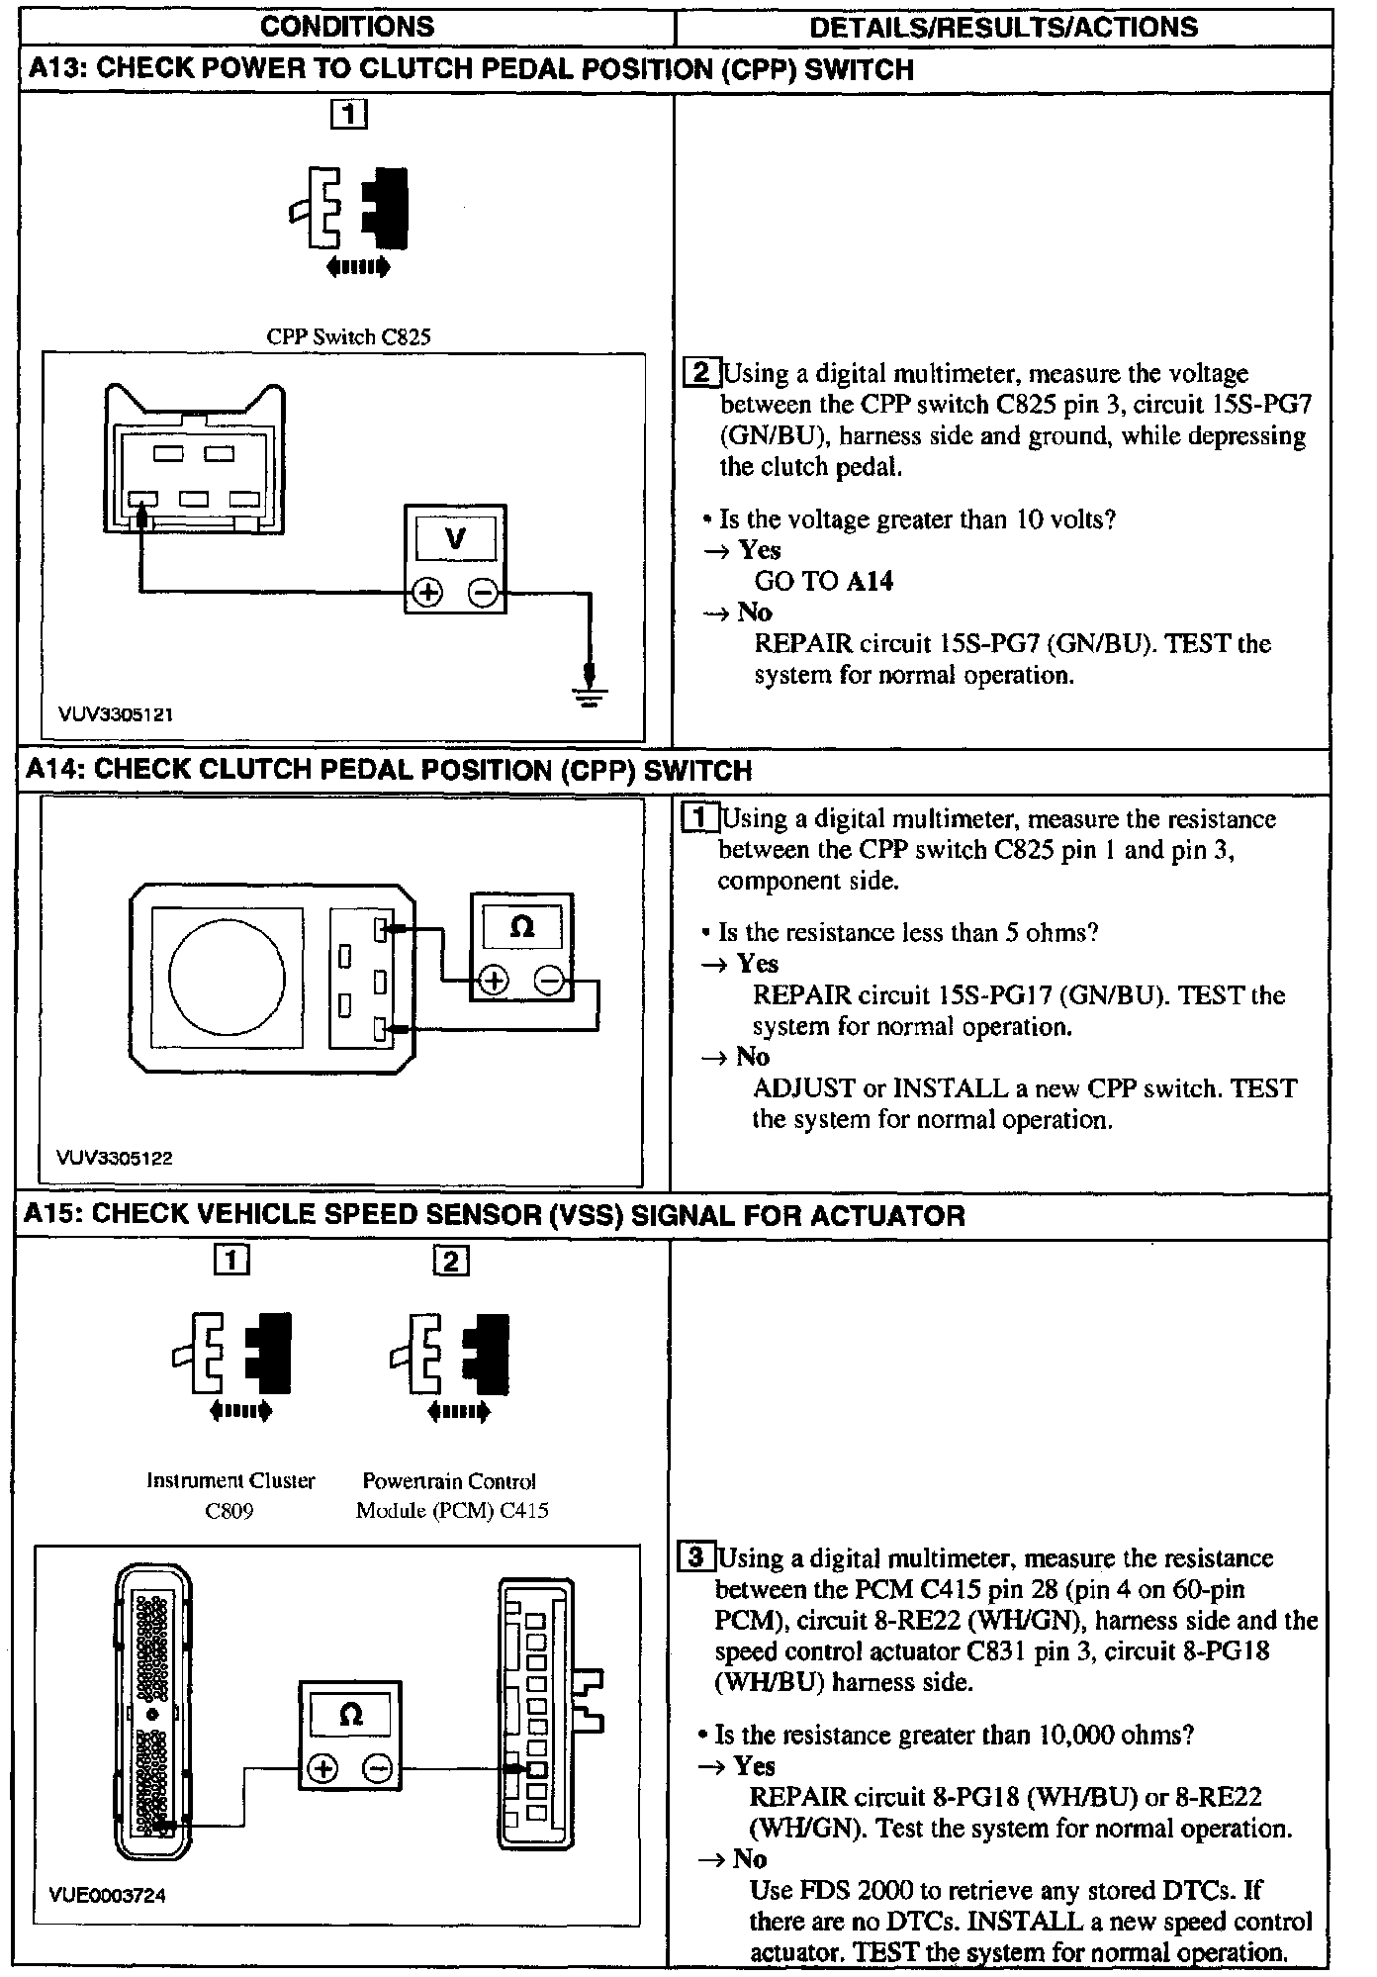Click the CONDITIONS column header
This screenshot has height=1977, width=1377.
(347, 27)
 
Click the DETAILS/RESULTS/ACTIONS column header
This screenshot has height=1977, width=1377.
(1003, 27)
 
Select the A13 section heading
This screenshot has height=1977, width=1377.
(471, 69)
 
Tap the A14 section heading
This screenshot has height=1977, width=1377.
(389, 770)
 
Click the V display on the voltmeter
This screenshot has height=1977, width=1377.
(455, 539)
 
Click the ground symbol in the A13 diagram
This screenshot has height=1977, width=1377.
(591, 692)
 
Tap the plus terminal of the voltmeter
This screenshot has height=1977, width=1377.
(427, 593)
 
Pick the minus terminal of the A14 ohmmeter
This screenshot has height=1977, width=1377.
(549, 981)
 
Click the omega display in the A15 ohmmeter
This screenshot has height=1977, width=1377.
(350, 1715)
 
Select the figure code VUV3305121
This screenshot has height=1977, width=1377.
(116, 714)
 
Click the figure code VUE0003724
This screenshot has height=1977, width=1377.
(107, 1895)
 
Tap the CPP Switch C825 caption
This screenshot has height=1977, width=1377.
(348, 336)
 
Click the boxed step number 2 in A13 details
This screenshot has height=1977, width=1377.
(702, 373)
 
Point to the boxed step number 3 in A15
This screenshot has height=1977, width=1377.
(696, 1557)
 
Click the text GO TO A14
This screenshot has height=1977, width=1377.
(824, 581)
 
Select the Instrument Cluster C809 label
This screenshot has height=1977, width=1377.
(230, 1495)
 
